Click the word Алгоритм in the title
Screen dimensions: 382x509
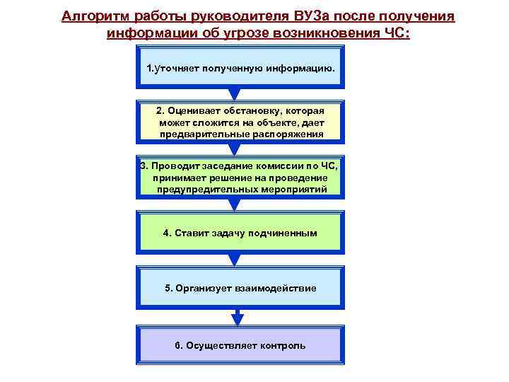(91, 16)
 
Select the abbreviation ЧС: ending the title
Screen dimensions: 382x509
(395, 33)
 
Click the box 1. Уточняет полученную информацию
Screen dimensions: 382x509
(240, 69)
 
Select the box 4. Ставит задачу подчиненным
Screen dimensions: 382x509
(240, 233)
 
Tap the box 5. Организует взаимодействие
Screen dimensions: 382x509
(240, 289)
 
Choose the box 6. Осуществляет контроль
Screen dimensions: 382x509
(240, 345)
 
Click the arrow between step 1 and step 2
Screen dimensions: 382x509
(240, 94)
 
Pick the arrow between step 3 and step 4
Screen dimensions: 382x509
(240, 204)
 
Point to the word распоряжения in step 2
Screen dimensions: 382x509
(291, 134)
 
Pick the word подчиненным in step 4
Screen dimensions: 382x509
(282, 233)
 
